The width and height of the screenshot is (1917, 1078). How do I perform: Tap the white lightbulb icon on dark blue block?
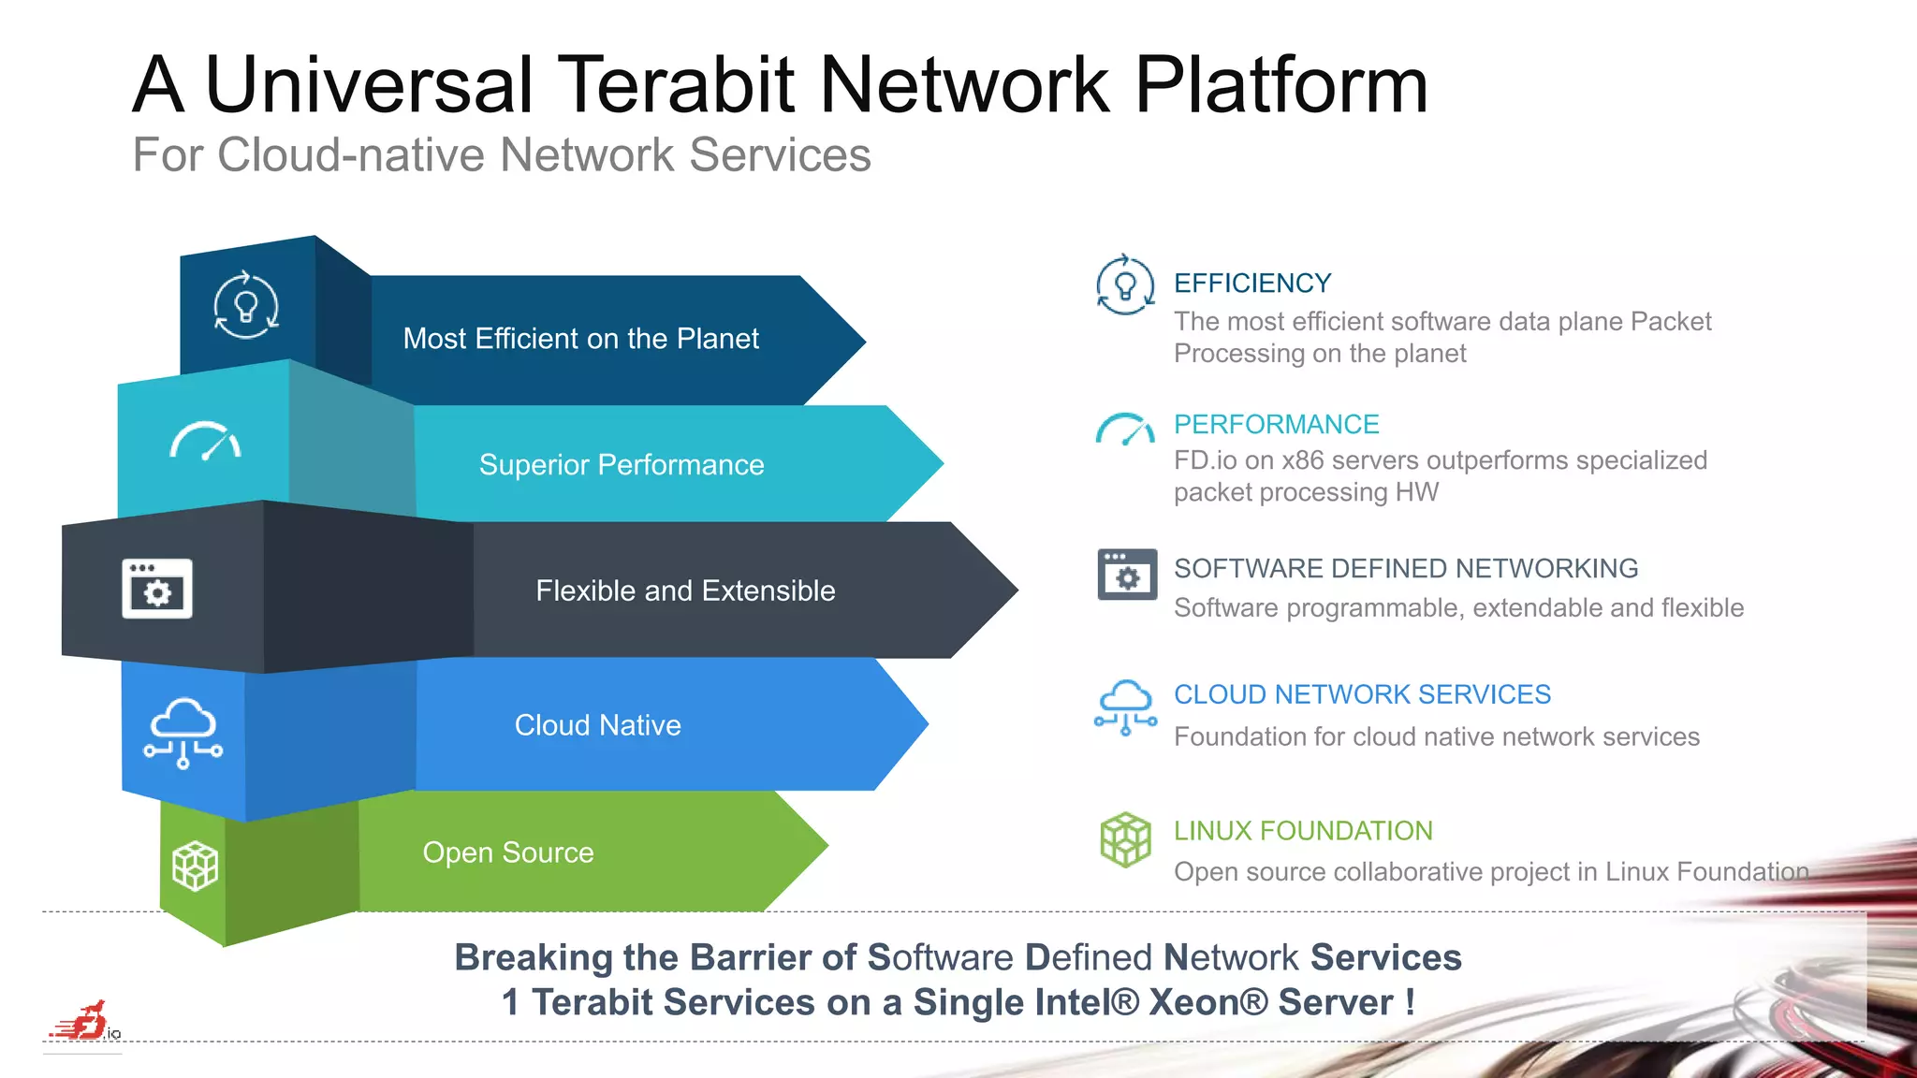pyautogui.click(x=246, y=305)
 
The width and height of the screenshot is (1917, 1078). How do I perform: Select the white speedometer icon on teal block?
pyautogui.click(x=206, y=442)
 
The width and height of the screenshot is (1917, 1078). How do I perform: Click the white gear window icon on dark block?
pyautogui.click(x=157, y=589)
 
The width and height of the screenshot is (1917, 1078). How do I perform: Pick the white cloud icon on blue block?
pyautogui.click(x=183, y=733)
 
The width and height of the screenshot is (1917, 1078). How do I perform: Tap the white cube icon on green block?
pyautogui.click(x=195, y=866)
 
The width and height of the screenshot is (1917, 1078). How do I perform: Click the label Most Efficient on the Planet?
pyautogui.click(x=580, y=339)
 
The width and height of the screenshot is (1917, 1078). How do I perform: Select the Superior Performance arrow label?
pyautogui.click(x=622, y=465)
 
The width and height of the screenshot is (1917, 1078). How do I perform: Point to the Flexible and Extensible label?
pyautogui.click(x=685, y=590)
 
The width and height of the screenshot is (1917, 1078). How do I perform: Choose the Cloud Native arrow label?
pyautogui.click(x=597, y=725)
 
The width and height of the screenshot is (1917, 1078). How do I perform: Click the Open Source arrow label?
pyautogui.click(x=508, y=852)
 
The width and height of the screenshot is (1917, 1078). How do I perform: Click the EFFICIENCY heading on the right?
pyautogui.click(x=1251, y=284)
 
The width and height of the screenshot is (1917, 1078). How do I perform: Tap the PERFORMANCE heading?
pyautogui.click(x=1276, y=425)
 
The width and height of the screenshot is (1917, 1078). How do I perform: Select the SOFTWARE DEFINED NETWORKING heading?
pyautogui.click(x=1405, y=569)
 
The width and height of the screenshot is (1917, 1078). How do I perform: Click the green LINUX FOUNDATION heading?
pyautogui.click(x=1303, y=831)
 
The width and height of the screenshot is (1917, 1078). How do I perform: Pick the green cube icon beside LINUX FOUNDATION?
pyautogui.click(x=1125, y=839)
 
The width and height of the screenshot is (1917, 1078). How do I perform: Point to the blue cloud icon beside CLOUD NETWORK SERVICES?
pyautogui.click(x=1125, y=707)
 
